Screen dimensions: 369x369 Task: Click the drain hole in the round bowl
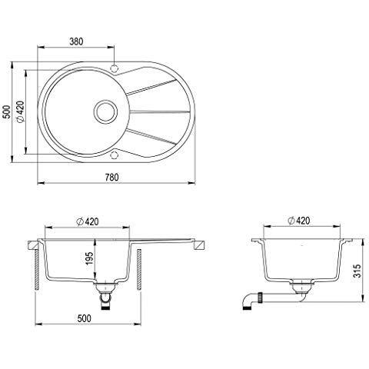[103, 111]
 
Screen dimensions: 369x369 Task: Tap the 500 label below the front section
[85, 317]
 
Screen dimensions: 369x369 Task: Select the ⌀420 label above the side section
[298, 221]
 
